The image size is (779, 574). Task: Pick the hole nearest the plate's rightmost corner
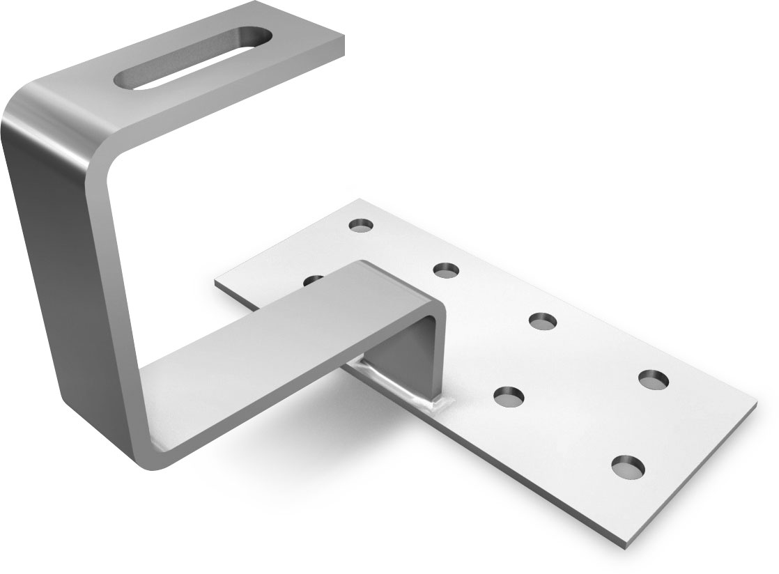[654, 379]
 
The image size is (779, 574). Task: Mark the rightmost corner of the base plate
[757, 404]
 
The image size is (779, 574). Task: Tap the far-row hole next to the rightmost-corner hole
[543, 320]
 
